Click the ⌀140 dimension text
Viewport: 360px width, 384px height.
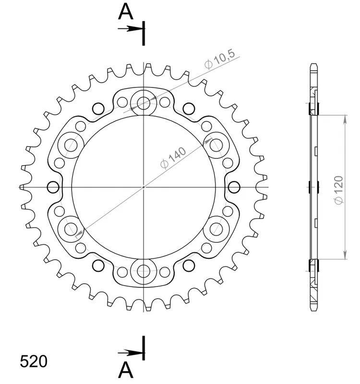coord(173,158)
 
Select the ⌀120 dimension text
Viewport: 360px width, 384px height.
coord(339,190)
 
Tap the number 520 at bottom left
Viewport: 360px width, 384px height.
coord(33,361)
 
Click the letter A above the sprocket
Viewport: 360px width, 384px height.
coord(126,12)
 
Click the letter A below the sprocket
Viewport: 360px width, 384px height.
coord(126,370)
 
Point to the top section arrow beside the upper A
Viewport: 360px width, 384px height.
coord(130,29)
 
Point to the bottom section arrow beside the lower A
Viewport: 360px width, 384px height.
coord(130,353)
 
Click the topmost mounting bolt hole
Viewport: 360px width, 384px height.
coord(144,103)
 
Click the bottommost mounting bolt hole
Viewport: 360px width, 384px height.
coord(144,271)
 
